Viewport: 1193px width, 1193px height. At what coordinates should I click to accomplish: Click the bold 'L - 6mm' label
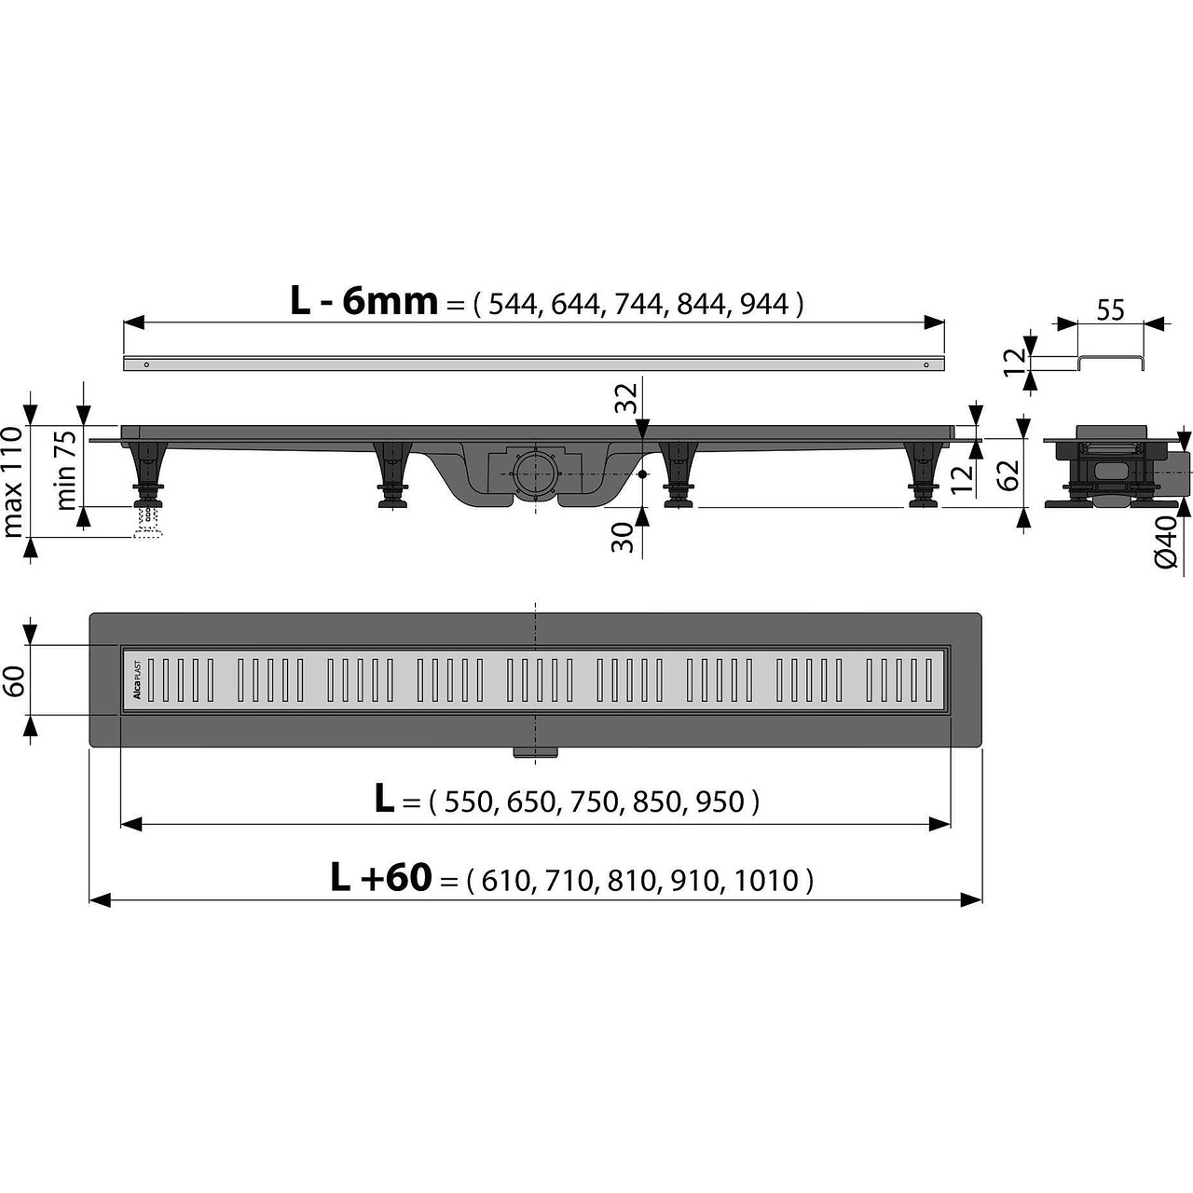coord(364,301)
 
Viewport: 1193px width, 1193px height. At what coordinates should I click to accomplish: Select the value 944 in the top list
coord(763,304)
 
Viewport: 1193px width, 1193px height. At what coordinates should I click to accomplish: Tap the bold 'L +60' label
coord(381,877)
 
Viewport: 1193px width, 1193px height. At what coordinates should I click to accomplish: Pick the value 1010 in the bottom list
coord(765,881)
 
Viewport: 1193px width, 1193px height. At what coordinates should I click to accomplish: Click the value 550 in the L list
coord(469,802)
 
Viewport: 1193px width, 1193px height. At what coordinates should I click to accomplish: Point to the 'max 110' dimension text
coord(12,482)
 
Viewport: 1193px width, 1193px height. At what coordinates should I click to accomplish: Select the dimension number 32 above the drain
coord(628,398)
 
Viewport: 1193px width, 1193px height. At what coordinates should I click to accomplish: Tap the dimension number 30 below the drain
coord(628,537)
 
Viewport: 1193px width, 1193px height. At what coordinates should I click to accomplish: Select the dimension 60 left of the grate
coord(14,680)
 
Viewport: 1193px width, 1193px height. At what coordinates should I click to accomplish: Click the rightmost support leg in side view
coord(924,475)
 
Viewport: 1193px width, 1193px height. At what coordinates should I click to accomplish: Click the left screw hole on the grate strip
coord(145,363)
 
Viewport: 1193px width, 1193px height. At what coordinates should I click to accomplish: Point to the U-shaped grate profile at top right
coord(1110,361)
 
